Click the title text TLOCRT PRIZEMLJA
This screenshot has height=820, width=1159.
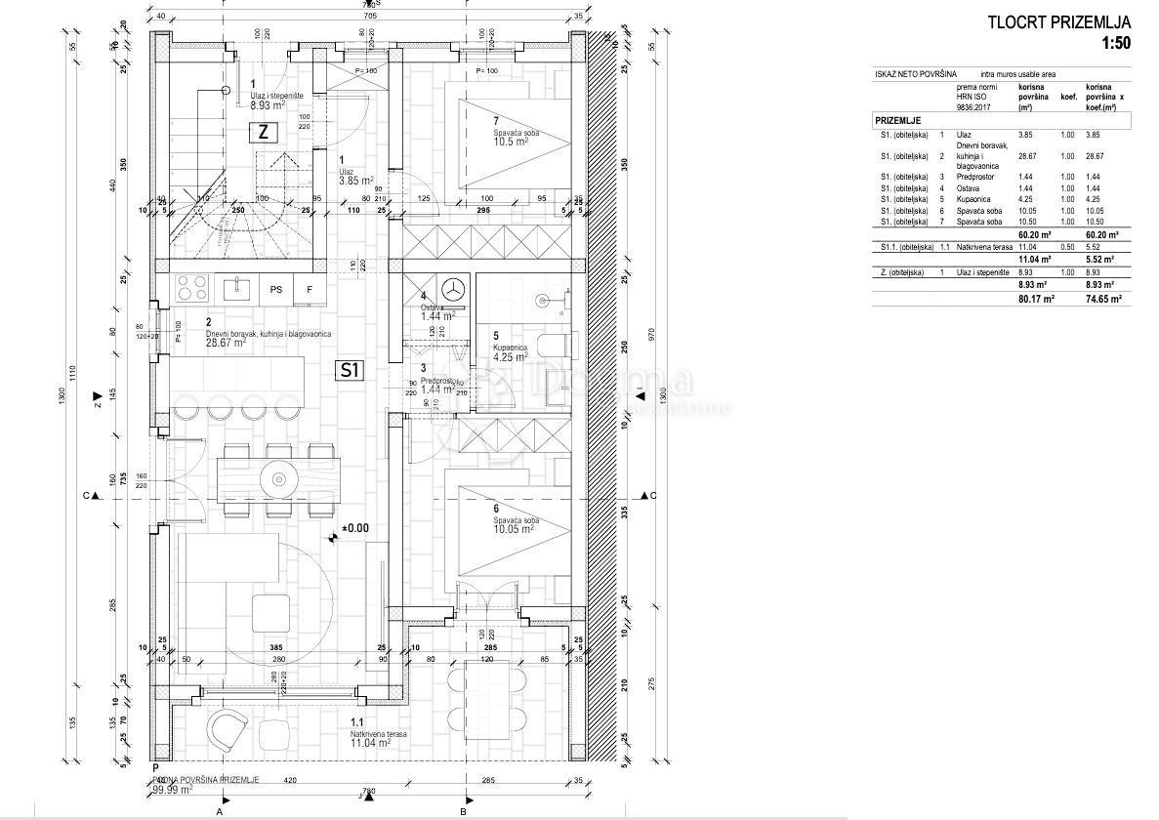pos(1059,22)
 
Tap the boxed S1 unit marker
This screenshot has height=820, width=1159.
pos(350,370)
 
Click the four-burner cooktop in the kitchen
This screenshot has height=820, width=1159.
pos(191,289)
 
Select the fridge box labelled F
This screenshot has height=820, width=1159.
pos(310,289)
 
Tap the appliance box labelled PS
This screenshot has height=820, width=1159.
pos(276,289)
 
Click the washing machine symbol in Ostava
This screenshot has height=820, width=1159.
pos(452,290)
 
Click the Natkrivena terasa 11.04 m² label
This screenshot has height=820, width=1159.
pos(370,739)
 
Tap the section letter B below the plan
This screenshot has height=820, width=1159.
pos(464,810)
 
